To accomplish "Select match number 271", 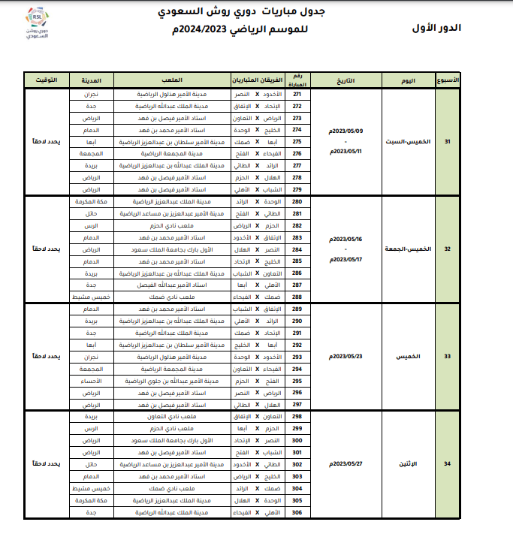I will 297,95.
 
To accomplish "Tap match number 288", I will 297,297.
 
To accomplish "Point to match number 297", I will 297,404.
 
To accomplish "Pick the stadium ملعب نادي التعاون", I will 173,416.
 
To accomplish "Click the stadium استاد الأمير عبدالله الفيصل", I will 173,285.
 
